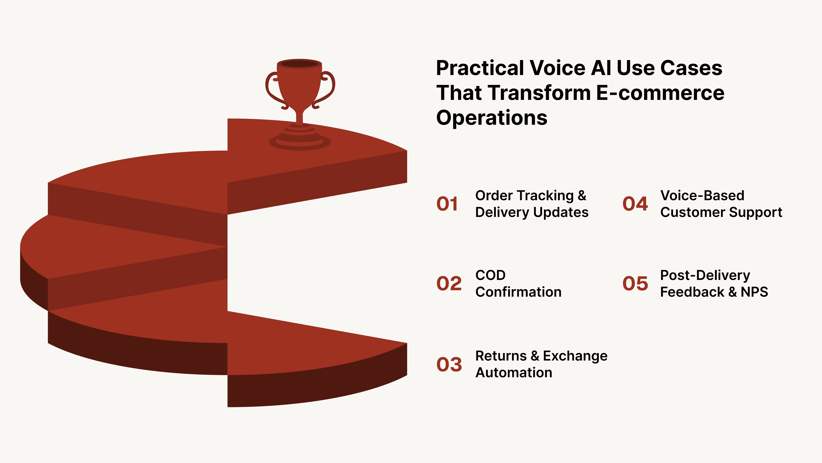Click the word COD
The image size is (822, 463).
pos(490,275)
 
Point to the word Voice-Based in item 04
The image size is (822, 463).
pos(702,195)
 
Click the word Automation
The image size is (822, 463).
pos(514,373)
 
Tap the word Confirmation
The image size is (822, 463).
pos(518,292)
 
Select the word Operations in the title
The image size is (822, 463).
pos(491,118)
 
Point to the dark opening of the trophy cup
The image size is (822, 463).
pos(299,64)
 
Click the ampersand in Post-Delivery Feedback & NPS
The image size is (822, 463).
pos(732,292)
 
